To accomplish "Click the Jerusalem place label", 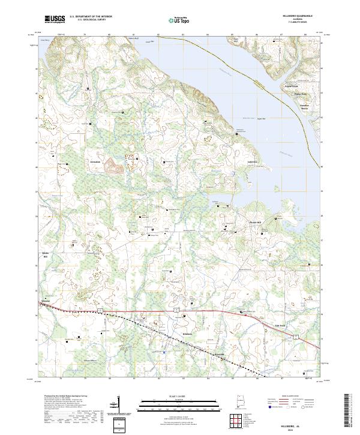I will click(97, 162).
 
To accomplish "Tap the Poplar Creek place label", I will click(291, 86).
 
